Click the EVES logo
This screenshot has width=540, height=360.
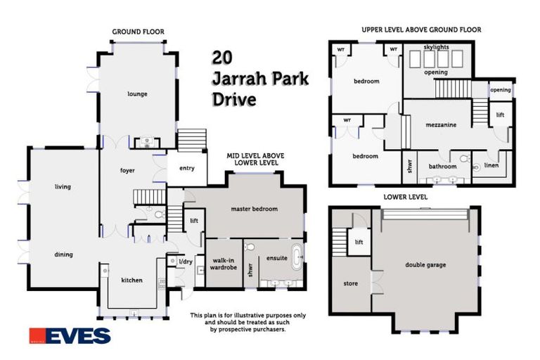point(70,335)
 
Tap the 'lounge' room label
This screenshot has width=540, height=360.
point(137,94)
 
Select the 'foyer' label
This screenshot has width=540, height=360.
point(127,170)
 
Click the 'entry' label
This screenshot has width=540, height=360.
point(187,167)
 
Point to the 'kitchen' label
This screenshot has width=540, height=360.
point(131,280)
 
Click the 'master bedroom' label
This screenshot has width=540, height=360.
point(255,209)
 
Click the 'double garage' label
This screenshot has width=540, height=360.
point(425,264)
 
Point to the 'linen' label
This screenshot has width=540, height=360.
point(493,167)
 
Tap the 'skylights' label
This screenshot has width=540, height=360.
point(440,47)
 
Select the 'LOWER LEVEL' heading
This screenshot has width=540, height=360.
point(404,198)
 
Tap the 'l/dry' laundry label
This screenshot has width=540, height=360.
point(185,262)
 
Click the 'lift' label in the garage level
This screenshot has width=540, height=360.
point(359,242)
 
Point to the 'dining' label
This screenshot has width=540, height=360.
point(63,255)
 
